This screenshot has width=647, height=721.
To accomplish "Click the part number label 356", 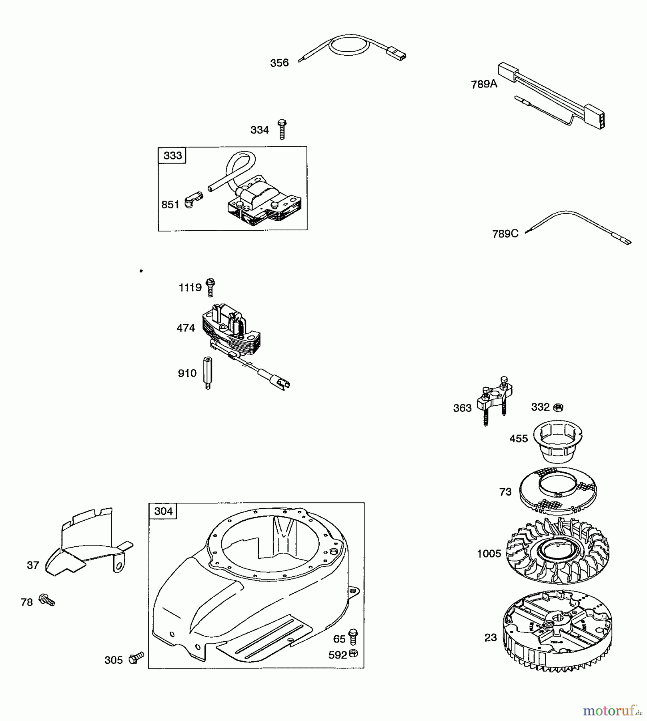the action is tap(279, 63).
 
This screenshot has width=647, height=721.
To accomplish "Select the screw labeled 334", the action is tap(282, 129).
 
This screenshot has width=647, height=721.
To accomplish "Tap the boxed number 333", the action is tap(172, 155).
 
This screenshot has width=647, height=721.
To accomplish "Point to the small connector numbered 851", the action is tap(194, 200).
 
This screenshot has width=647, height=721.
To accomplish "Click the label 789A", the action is tap(484, 84).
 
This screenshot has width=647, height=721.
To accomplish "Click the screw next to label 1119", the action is tap(210, 287).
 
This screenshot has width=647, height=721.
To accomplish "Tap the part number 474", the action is tap(186, 328).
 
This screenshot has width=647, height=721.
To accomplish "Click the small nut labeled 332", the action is tap(558, 408).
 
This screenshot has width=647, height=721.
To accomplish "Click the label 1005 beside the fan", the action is tap(489, 554).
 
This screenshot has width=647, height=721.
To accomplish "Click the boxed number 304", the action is tap(163, 512).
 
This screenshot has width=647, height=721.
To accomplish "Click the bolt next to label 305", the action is tap(136, 658).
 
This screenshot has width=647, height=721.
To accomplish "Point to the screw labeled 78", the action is tap(46, 600).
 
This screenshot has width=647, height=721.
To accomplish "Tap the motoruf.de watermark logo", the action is tap(613, 711).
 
